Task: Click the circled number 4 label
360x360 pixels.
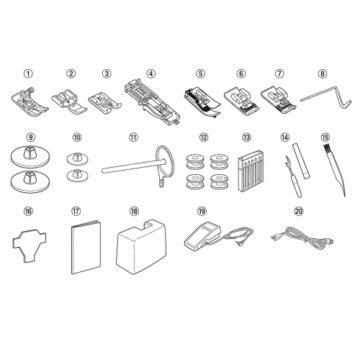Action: pos(150,73)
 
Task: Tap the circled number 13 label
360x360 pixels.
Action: pos(246,138)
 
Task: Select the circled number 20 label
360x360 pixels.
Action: pos(299,211)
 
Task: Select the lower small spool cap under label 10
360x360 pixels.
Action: pos(77,175)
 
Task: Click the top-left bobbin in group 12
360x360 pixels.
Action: pos(194,161)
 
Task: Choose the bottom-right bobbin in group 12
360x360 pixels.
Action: pos(219,181)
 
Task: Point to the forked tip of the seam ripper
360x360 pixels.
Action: pos(287,158)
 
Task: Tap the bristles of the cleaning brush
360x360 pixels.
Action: pos(326,149)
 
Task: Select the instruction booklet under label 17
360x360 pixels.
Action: pos(86,246)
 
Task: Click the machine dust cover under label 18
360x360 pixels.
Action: pos(142,246)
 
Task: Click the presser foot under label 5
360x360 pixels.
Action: pos(202,102)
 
